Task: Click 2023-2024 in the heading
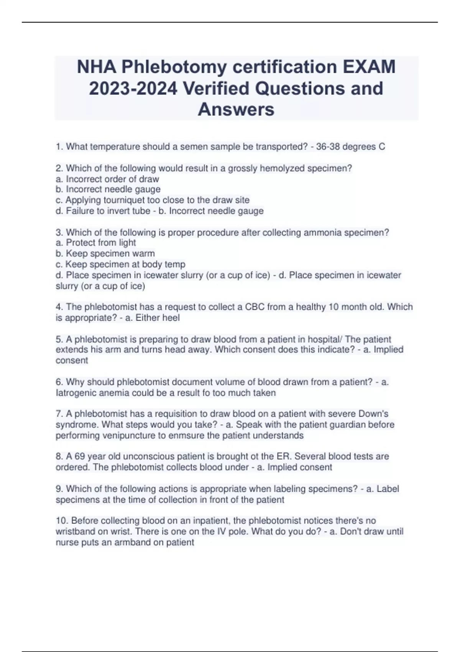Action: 133,89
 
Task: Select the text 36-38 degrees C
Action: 350,147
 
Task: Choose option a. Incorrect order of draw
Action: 107,179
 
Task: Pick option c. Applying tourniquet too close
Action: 153,200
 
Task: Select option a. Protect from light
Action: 96,243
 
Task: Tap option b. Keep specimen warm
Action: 105,254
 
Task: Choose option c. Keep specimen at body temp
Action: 120,264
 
